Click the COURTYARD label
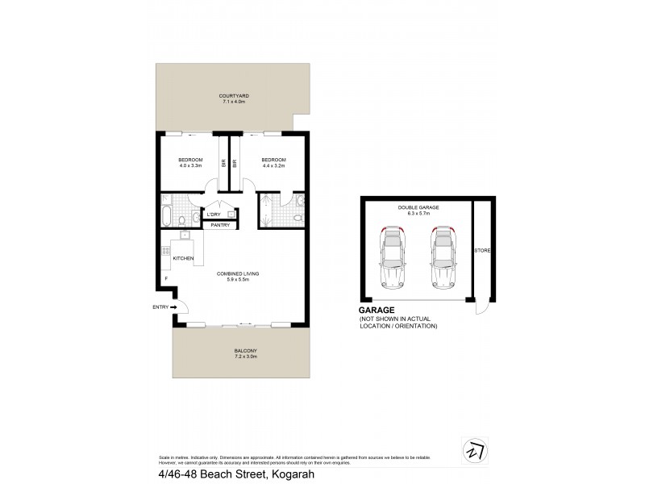[x=234, y=94]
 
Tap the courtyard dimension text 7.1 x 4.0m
[x=234, y=100]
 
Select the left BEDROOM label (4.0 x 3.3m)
[x=189, y=160]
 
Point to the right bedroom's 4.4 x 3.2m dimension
[x=273, y=166]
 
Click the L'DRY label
[x=214, y=215]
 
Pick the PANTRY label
[x=219, y=225]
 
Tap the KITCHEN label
[x=183, y=257]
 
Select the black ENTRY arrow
[x=173, y=307]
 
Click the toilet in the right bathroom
[x=298, y=217]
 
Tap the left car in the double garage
[x=393, y=258]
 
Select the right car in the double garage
[x=443, y=258]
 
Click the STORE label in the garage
[x=482, y=251]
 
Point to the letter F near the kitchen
[x=165, y=278]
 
